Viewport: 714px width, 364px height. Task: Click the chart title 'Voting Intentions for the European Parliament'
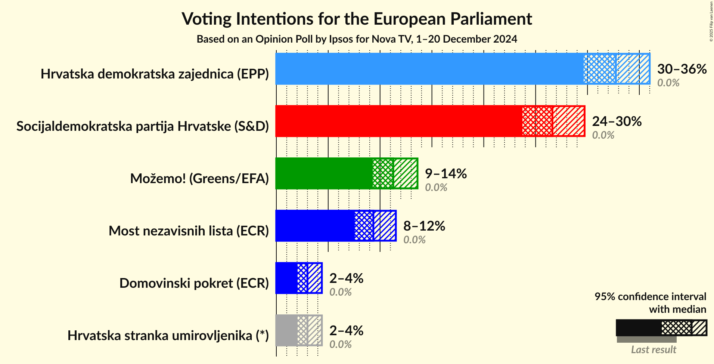(357, 19)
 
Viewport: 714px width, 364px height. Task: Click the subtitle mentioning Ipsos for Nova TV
(357, 39)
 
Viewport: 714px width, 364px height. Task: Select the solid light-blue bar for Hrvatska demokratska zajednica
(429, 69)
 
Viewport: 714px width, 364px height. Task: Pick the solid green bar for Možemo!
(324, 173)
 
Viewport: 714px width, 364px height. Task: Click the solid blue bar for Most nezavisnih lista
(315, 226)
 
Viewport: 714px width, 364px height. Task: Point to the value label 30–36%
(682, 69)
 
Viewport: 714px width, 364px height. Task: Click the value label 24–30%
(617, 121)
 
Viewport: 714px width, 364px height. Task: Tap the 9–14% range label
(446, 174)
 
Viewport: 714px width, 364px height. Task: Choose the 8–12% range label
(424, 226)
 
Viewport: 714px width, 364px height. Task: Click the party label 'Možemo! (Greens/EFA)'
(199, 179)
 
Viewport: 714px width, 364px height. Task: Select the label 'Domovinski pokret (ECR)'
(194, 283)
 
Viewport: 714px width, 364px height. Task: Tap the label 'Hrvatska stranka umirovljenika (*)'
(168, 336)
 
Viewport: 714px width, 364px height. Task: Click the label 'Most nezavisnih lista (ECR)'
(189, 231)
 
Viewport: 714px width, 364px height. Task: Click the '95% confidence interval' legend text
(650, 297)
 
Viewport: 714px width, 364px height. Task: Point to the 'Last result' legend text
(654, 350)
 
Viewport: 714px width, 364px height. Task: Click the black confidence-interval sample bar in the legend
(639, 328)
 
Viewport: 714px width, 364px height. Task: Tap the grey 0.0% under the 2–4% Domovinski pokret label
(340, 292)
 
